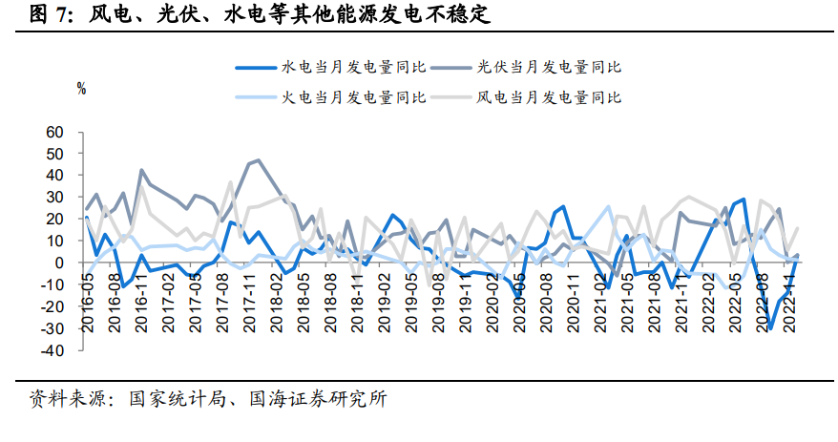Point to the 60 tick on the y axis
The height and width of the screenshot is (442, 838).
54,132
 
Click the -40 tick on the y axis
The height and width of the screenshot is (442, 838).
52,350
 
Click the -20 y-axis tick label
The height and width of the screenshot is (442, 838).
52,306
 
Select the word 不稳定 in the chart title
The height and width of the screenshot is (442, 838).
462,14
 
